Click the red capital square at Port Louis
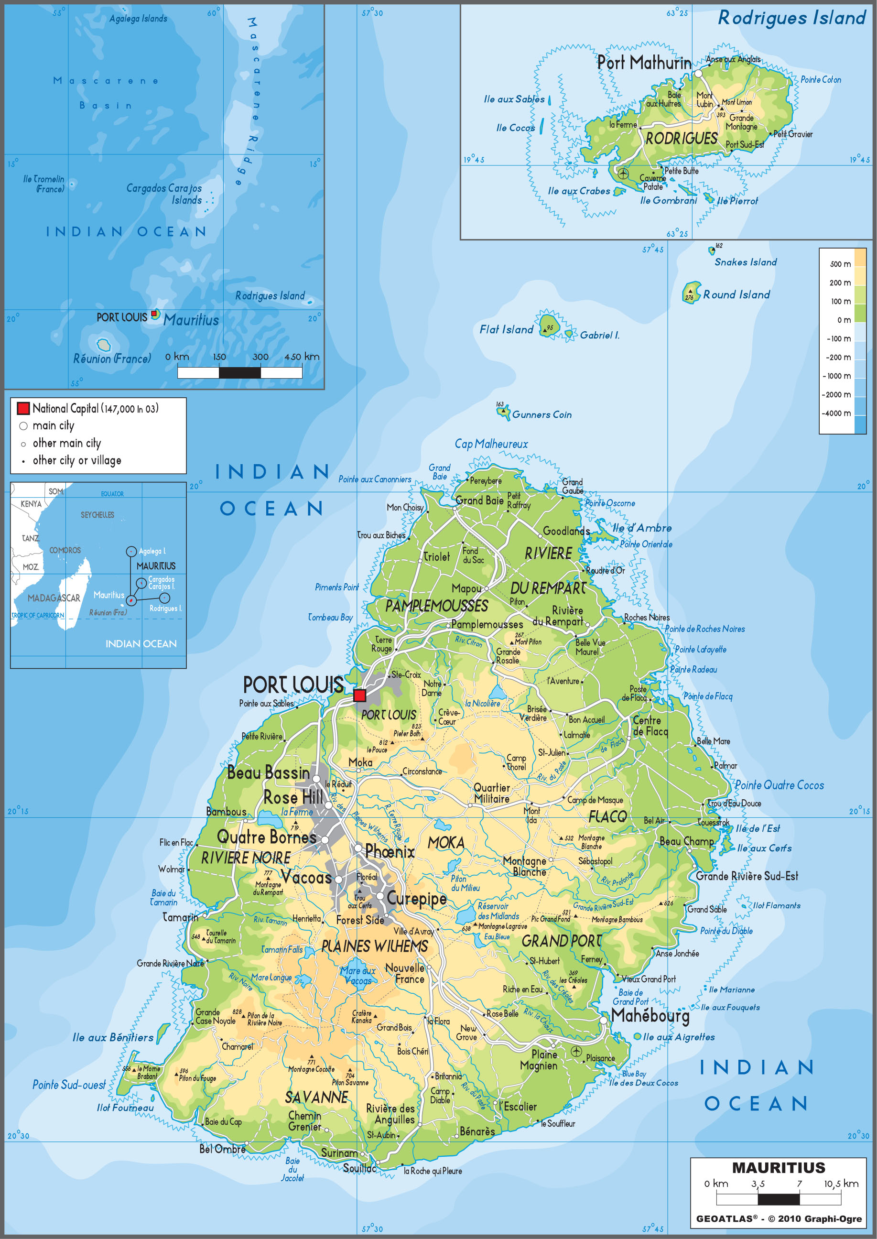pyautogui.click(x=359, y=695)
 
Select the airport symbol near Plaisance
pyautogui.click(x=576, y=1051)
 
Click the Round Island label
pyautogui.click(x=736, y=295)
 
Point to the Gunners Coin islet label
pyautogui.click(x=541, y=415)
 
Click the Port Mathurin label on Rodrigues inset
pyautogui.click(x=644, y=63)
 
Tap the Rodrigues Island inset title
pyautogui.click(x=791, y=18)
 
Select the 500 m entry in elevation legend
pyautogui.click(x=840, y=264)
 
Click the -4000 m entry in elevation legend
pyautogui.click(x=836, y=413)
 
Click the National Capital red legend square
pyautogui.click(x=23, y=408)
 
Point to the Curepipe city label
pyautogui.click(x=416, y=899)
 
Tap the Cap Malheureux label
pyautogui.click(x=491, y=444)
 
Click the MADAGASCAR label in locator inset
pyautogui.click(x=54, y=598)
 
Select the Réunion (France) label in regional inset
pyautogui.click(x=112, y=359)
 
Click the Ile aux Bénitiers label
pyautogui.click(x=113, y=1037)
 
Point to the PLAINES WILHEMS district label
pyautogui.click(x=374, y=946)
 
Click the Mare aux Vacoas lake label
pyautogui.click(x=357, y=976)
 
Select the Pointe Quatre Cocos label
pyautogui.click(x=779, y=785)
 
